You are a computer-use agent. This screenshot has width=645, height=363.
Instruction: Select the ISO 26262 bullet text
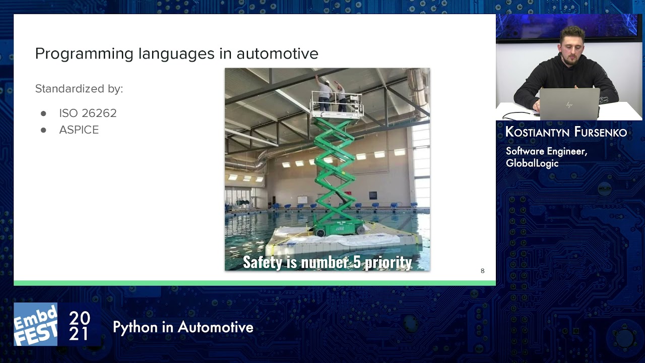[88, 113]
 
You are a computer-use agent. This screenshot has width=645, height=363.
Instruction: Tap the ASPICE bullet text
[79, 130]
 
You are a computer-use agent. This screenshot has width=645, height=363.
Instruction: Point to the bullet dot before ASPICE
[43, 130]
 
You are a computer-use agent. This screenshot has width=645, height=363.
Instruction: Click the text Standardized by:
[79, 89]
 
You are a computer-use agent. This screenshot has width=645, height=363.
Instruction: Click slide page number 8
[482, 271]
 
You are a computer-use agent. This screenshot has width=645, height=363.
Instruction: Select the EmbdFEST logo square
[35, 324]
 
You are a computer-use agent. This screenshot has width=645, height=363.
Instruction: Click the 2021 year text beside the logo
[79, 326]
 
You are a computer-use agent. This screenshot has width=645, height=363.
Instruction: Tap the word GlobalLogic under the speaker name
[532, 163]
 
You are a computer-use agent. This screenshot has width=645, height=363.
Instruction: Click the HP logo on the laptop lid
[569, 105]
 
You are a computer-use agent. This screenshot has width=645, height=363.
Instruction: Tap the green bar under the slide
[254, 283]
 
